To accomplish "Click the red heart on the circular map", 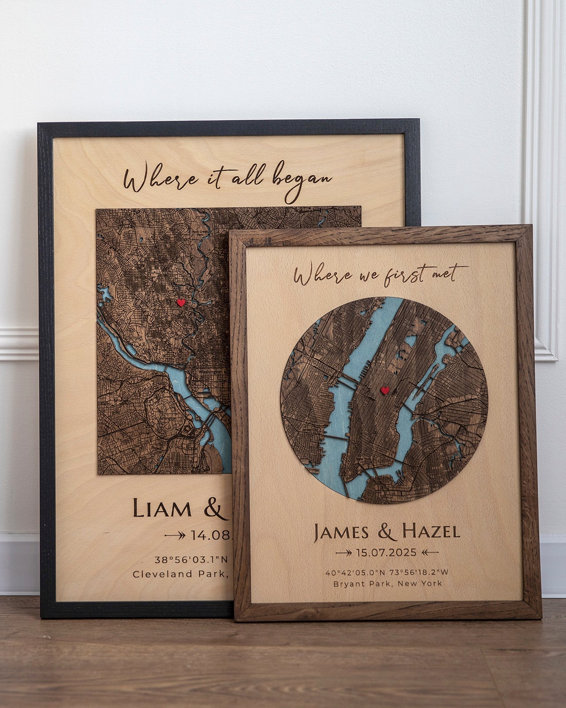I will [385, 391].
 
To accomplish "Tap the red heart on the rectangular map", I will [180, 303].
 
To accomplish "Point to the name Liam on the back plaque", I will [162, 509].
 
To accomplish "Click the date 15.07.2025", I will [386, 552].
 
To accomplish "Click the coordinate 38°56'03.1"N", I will [191, 559].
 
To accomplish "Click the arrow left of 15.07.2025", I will [344, 553].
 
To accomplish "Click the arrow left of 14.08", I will [175, 535].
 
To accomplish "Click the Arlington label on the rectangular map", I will [169, 418].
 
